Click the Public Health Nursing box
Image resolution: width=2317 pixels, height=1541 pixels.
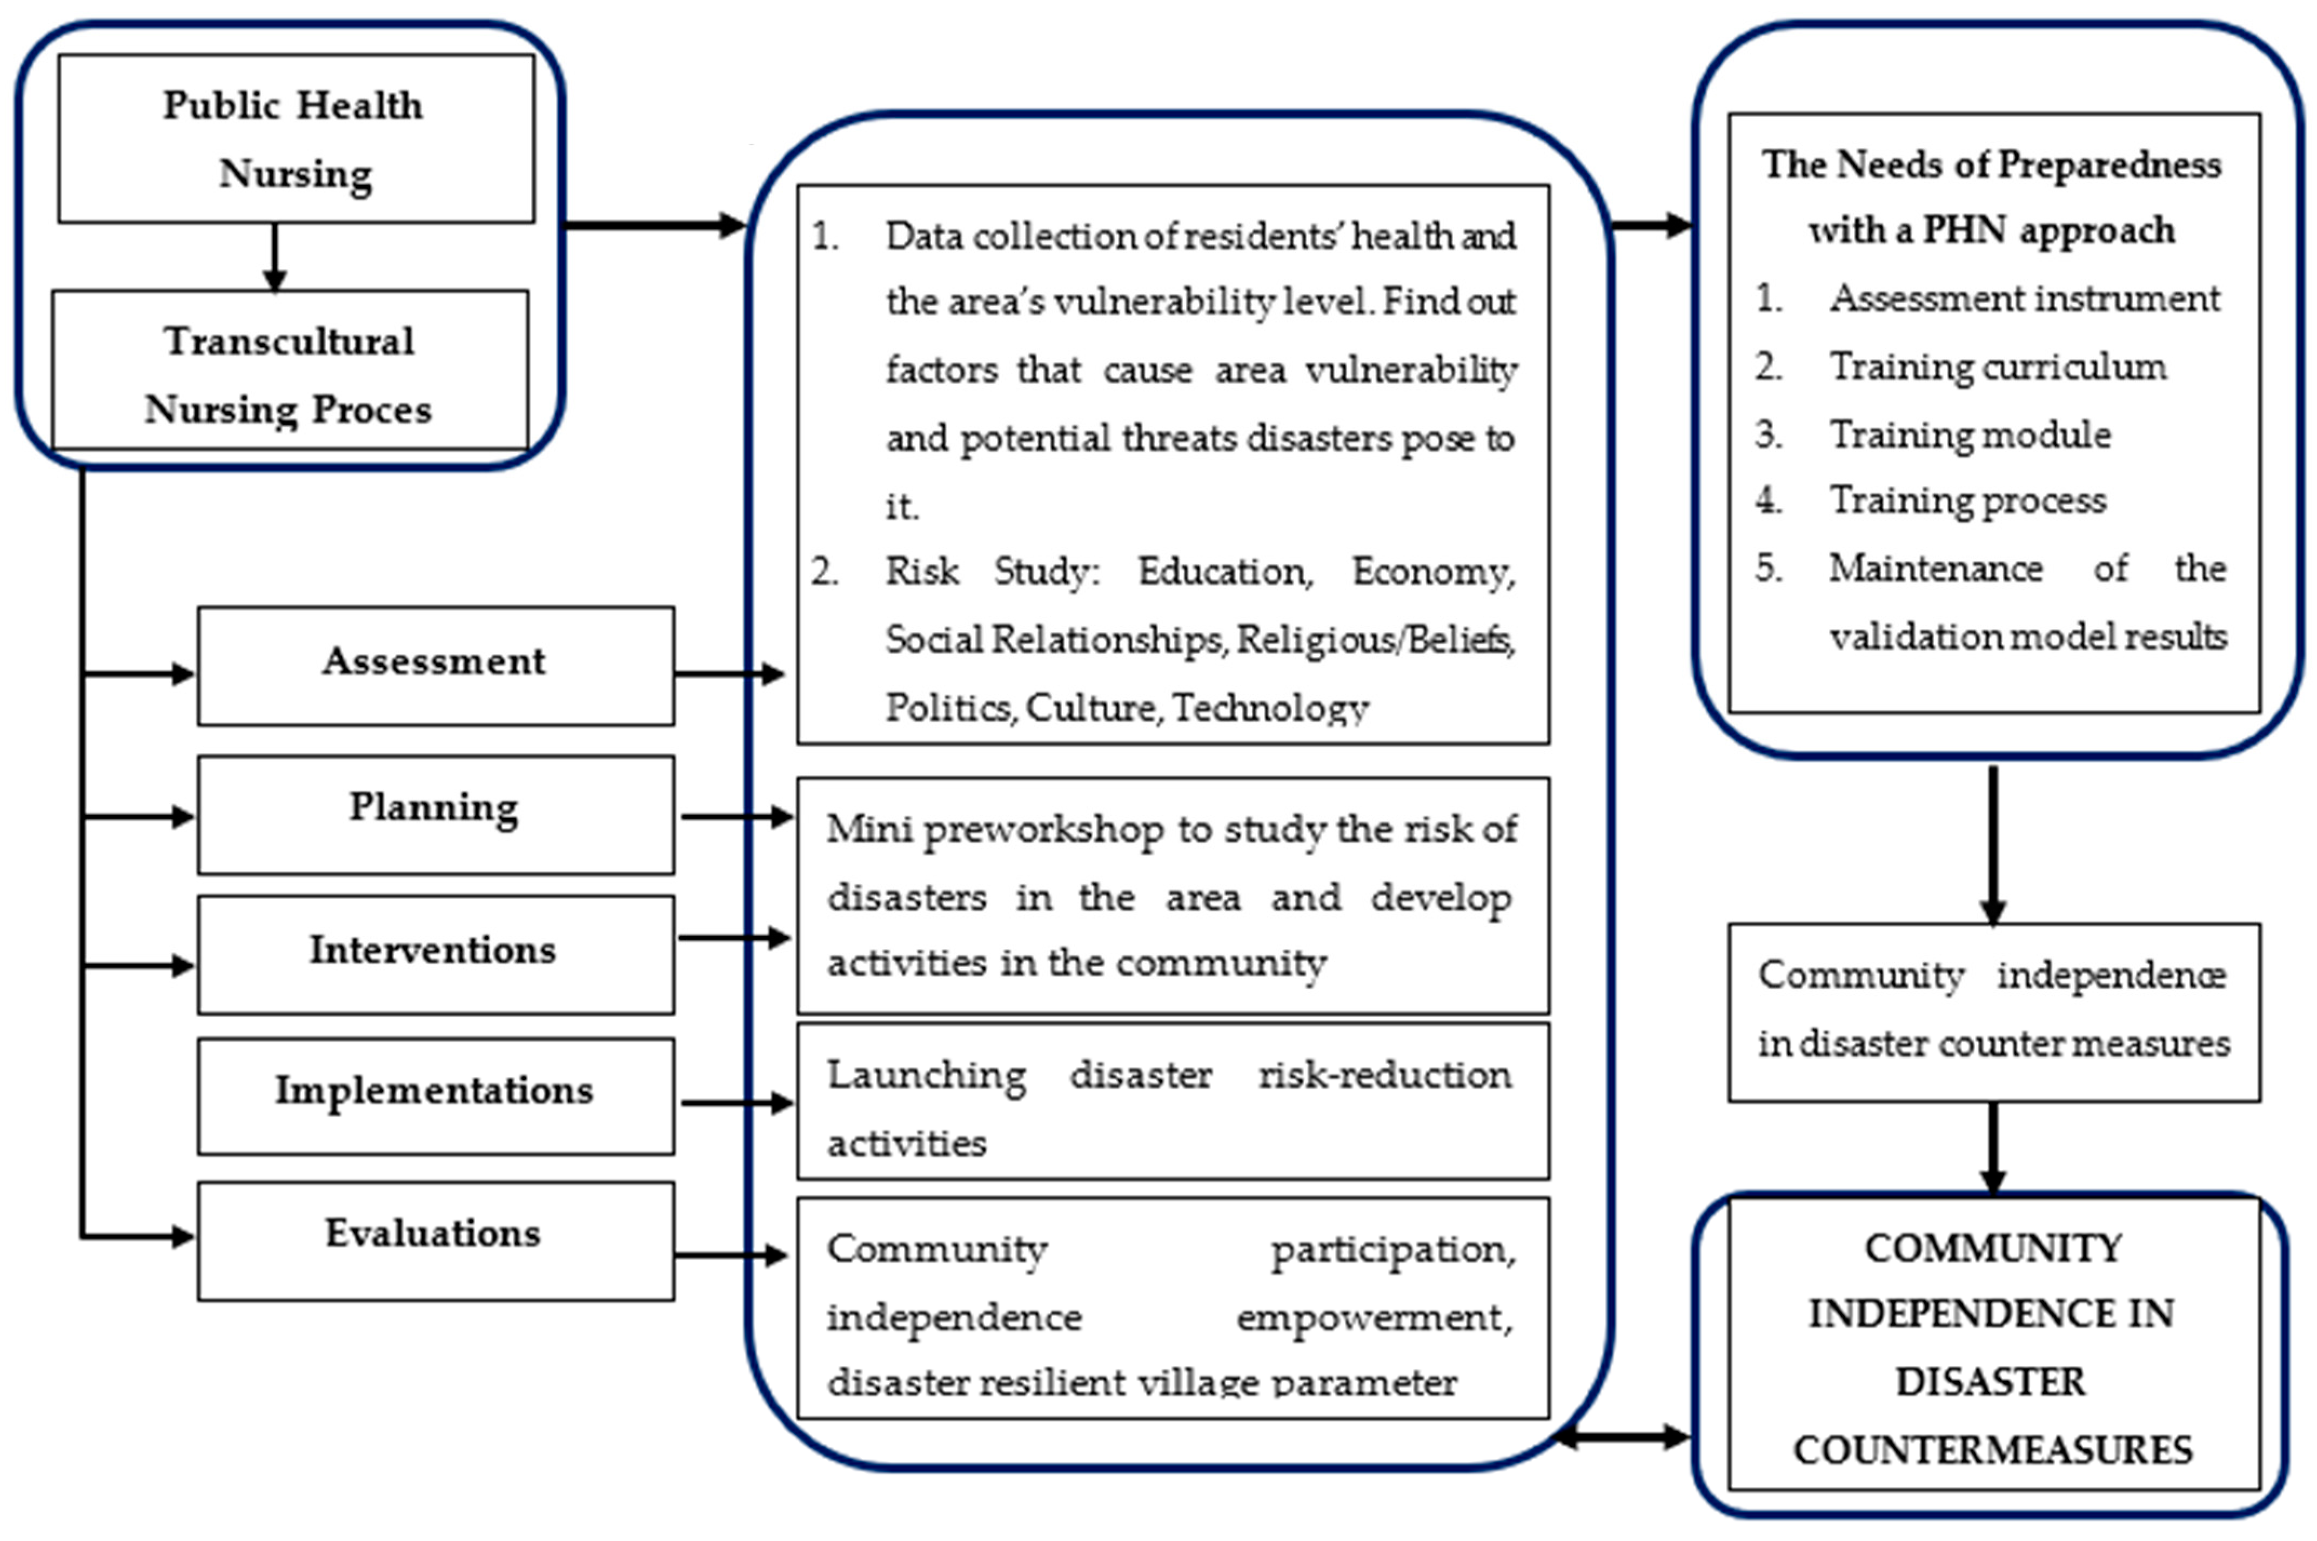coord(295,138)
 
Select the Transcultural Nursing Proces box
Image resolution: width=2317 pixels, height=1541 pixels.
coord(289,372)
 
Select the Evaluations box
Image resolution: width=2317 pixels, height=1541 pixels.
coord(436,1240)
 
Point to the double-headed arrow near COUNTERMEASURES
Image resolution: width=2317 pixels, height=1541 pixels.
coord(1623,1437)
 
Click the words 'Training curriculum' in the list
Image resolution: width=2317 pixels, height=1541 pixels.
coord(1997,366)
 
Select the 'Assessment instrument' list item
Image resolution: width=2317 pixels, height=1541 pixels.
coord(2024,298)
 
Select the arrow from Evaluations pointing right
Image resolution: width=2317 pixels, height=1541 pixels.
coord(729,1255)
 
